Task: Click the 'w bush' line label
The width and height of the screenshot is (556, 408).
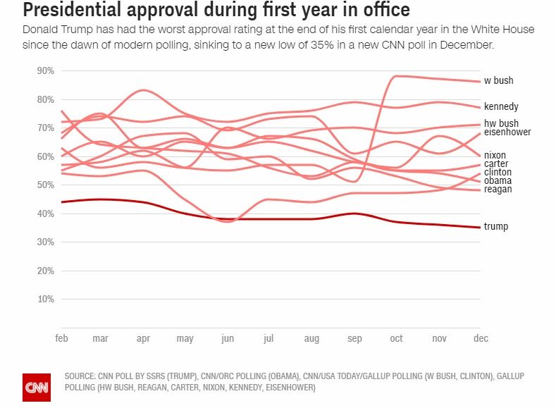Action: [x=498, y=80]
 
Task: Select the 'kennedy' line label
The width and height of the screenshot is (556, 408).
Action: [x=501, y=107]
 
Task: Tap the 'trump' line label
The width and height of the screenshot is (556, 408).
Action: [x=496, y=226]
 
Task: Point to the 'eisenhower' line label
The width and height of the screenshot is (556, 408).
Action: [x=507, y=132]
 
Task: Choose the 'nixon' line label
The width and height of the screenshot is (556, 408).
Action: [x=495, y=155]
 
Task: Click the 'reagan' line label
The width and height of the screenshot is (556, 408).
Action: [x=498, y=190]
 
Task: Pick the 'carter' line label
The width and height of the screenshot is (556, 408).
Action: [x=496, y=164]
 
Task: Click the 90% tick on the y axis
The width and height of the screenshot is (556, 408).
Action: [x=45, y=71]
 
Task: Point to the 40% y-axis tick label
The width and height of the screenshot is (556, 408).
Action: [x=45, y=214]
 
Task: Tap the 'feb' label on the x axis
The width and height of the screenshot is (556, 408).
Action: [x=62, y=339]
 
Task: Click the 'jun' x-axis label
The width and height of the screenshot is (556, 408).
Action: [x=228, y=339]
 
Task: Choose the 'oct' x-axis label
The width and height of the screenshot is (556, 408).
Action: [x=397, y=339]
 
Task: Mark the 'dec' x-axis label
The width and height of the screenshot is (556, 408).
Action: [x=481, y=339]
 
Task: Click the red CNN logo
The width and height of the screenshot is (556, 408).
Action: [x=37, y=387]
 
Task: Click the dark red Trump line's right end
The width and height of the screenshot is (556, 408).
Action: [x=480, y=227]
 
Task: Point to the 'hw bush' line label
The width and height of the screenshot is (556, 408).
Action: [x=501, y=123]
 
